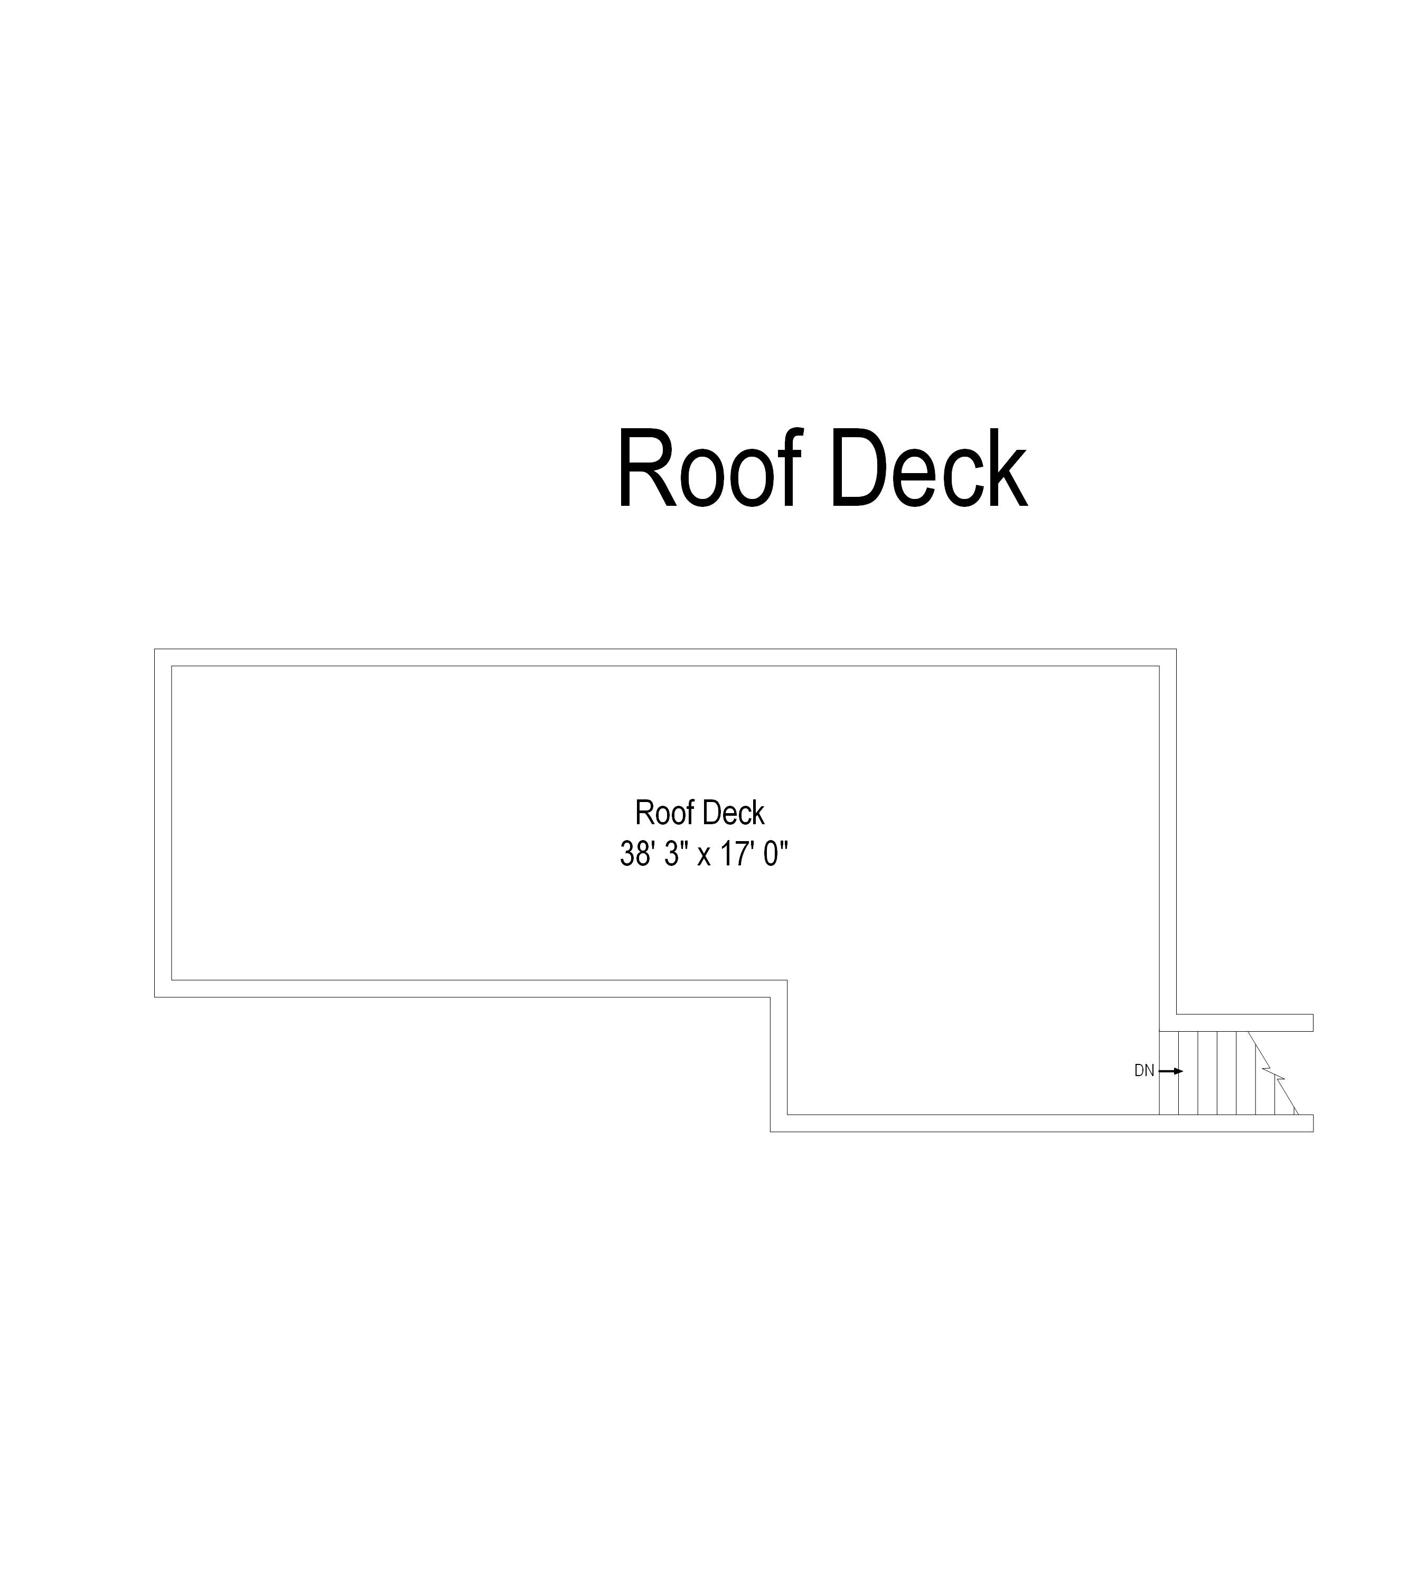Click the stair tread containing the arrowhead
point(1188,1073)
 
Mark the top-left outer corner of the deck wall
point(155,649)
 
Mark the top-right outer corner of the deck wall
point(1176,649)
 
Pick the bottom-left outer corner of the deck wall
point(155,997)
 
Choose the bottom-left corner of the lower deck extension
point(771,1131)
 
